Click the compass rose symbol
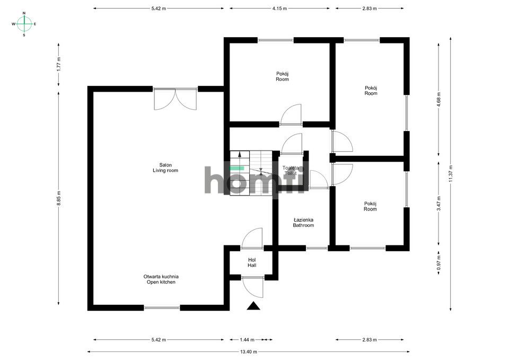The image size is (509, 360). pyautogui.click(x=24, y=24)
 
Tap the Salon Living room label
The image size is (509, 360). pyautogui.click(x=165, y=168)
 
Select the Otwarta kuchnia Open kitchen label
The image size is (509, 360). pyautogui.click(x=161, y=279)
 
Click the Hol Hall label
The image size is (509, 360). pyautogui.click(x=252, y=262)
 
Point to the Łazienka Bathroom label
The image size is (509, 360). pyautogui.click(x=303, y=222)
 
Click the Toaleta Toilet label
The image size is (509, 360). pyautogui.click(x=291, y=170)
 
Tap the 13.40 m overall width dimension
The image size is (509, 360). pyautogui.click(x=249, y=352)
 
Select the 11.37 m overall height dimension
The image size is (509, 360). pyautogui.click(x=450, y=174)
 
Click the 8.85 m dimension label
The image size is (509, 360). pyautogui.click(x=58, y=198)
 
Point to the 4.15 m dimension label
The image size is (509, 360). pyautogui.click(x=279, y=8)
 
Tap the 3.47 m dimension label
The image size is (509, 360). pyautogui.click(x=438, y=203)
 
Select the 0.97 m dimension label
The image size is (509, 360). pyautogui.click(x=438, y=263)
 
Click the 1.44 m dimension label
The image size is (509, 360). pyautogui.click(x=248, y=340)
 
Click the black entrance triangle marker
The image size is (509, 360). pyautogui.click(x=253, y=306)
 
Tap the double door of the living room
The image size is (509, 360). pyautogui.click(x=175, y=99)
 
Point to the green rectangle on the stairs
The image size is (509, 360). pyautogui.click(x=237, y=168)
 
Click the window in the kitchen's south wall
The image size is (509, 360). pyautogui.click(x=162, y=308)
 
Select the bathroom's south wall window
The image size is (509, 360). pyautogui.click(x=317, y=248)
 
